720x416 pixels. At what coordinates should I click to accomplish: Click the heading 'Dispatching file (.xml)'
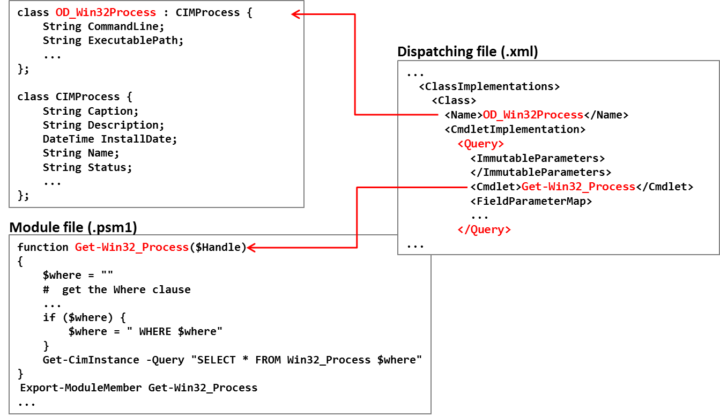[x=467, y=52]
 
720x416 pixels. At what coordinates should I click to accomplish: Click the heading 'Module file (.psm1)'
[x=73, y=227]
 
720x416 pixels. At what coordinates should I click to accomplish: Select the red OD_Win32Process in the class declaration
[x=106, y=12]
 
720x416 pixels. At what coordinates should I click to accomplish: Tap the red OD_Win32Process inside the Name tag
[x=533, y=115]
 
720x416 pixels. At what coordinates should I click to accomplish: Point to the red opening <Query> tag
[x=480, y=144]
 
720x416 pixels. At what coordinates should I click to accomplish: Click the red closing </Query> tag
[x=484, y=229]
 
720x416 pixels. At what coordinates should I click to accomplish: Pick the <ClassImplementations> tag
[x=489, y=86]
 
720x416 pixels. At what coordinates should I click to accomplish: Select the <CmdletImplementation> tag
[x=515, y=129]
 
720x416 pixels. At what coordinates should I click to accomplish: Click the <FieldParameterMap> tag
[x=531, y=201]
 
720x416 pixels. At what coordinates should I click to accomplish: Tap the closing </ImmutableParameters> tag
[x=540, y=172]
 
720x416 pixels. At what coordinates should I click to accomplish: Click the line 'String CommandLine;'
[x=103, y=26]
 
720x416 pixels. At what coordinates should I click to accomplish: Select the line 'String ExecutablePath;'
[x=113, y=41]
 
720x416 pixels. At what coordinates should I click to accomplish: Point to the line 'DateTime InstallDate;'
[x=110, y=139]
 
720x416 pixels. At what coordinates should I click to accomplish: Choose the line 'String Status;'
[x=87, y=167]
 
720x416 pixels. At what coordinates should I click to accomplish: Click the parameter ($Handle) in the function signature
[x=218, y=247]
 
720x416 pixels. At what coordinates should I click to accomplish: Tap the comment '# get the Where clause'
[x=117, y=289]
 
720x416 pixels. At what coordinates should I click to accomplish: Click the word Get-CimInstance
[x=91, y=360]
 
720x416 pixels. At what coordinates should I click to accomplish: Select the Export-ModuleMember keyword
[x=80, y=388]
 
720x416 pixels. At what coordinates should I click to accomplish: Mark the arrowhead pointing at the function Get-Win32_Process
[x=251, y=248]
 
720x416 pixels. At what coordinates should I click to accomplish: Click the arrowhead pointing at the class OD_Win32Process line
[x=295, y=14]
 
